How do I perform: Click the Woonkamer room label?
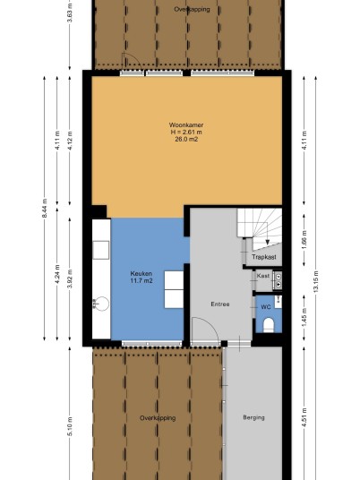click(185, 124)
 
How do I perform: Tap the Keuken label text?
click(141, 274)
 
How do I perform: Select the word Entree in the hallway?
click(220, 304)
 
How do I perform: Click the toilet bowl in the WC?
click(269, 325)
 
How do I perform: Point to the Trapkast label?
click(264, 257)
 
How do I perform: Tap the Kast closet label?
click(263, 276)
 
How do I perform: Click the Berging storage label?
click(253, 417)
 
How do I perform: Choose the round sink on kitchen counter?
click(101, 304)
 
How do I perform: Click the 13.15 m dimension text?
click(316, 281)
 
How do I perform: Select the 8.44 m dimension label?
click(45, 209)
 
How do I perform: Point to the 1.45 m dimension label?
click(304, 317)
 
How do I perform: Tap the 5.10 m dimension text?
click(70, 426)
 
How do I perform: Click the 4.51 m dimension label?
click(304, 417)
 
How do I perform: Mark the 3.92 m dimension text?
click(70, 279)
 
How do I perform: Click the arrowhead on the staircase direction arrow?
click(267, 242)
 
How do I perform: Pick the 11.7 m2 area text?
click(141, 280)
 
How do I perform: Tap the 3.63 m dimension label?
click(70, 13)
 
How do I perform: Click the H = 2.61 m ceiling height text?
click(186, 133)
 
